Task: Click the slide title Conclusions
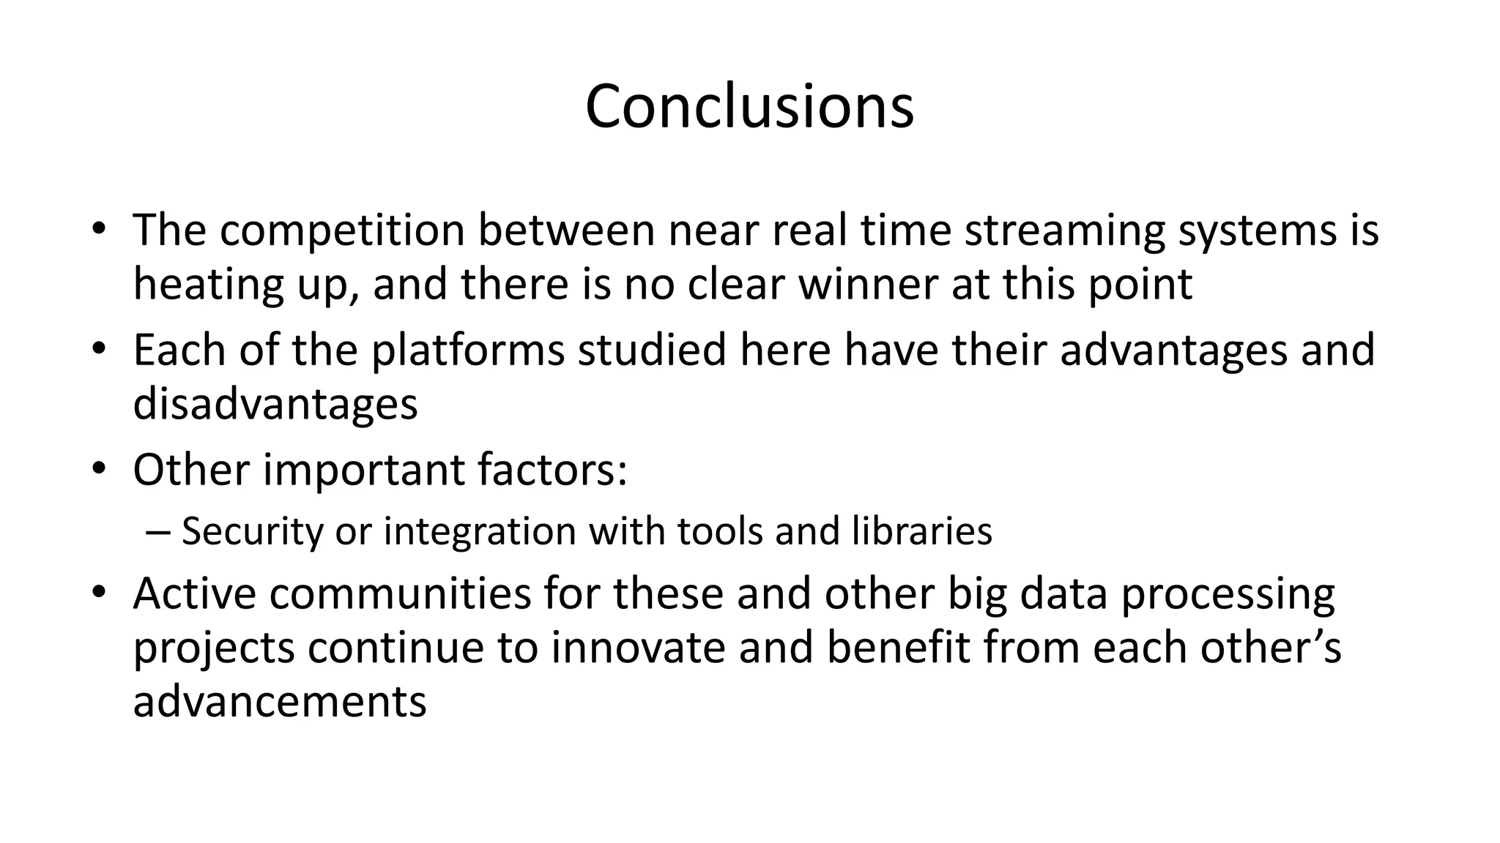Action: click(x=749, y=107)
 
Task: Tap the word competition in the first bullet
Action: click(x=342, y=230)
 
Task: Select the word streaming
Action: click(x=1064, y=230)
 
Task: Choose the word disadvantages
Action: click(x=275, y=403)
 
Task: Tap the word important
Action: click(x=364, y=469)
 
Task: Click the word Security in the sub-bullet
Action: click(x=252, y=531)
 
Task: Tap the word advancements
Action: click(x=280, y=700)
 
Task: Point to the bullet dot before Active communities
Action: click(x=100, y=591)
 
